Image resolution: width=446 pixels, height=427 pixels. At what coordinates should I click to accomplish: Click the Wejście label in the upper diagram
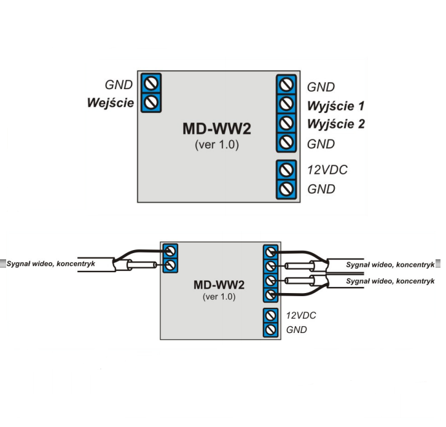pos(111,102)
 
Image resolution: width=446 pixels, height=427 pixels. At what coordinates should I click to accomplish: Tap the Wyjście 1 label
pos(336,105)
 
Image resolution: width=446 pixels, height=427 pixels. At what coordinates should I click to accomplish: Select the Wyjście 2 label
pos(336,124)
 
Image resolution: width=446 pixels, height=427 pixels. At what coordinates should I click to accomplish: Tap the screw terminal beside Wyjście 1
pos(284,103)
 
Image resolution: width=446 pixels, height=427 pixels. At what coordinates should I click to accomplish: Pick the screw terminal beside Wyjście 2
pos(284,123)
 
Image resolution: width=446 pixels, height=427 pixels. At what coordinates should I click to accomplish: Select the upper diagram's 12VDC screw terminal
pos(284,169)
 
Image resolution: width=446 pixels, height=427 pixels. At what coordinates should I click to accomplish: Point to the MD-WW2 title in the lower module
pos(219,284)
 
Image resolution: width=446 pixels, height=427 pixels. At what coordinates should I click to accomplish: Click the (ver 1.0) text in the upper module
pos(216,146)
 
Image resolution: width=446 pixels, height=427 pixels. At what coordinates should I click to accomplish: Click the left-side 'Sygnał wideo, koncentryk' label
pos(50,264)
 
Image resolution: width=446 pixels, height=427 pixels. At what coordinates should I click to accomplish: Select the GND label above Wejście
pos(119,85)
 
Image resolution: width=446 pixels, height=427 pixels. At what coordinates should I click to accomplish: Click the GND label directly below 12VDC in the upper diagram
pos(321,189)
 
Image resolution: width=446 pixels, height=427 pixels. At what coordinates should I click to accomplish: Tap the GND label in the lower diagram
pos(297,331)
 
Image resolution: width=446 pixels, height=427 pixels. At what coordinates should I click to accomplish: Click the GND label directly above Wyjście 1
pos(321,87)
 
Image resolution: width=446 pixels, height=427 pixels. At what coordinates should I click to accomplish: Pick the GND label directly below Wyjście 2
pos(321,144)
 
